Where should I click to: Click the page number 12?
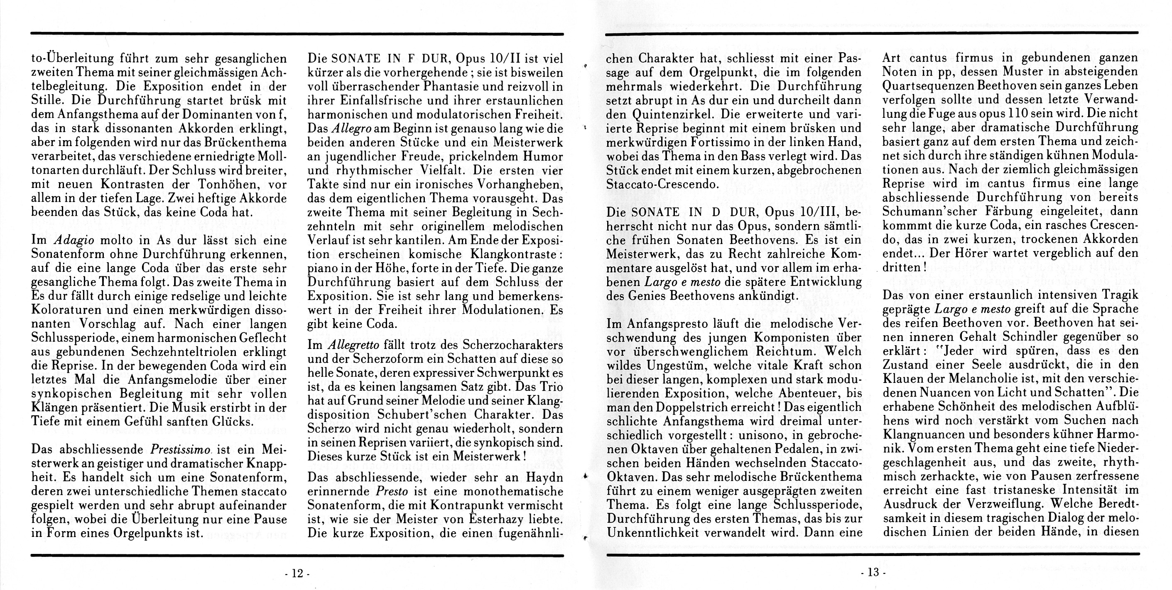[x=297, y=574]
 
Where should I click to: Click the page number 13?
[x=873, y=572]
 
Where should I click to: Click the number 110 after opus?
[x=1026, y=114]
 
